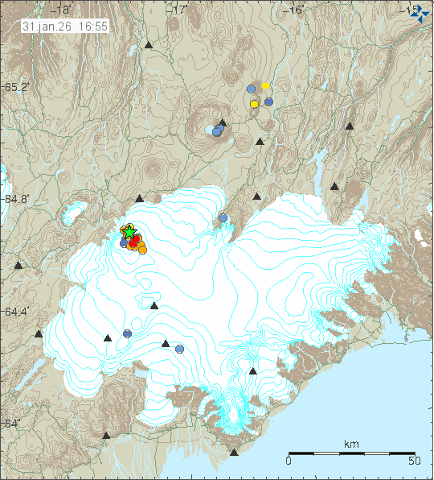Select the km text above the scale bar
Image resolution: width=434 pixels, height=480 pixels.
tap(350, 444)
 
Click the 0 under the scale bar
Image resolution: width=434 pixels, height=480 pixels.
tap(289, 461)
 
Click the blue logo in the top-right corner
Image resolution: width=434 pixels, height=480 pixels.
tap(419, 14)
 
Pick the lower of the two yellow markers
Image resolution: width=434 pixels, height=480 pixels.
tap(254, 104)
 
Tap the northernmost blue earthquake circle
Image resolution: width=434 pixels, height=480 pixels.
tap(251, 89)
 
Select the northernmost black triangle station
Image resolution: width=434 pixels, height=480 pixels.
tap(149, 46)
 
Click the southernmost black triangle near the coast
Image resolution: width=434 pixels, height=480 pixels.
tap(234, 453)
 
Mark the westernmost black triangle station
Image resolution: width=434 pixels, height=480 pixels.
tap(18, 265)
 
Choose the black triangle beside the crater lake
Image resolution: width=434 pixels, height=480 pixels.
tap(223, 123)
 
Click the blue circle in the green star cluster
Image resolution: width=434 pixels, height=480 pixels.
tap(125, 242)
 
